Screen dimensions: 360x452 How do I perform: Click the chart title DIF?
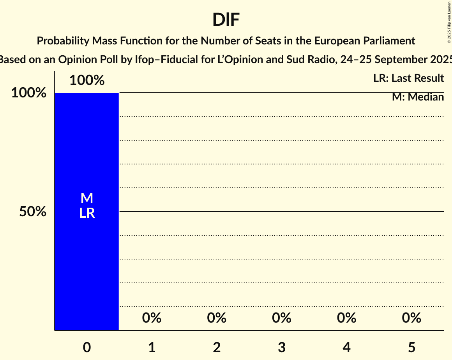coord(226,19)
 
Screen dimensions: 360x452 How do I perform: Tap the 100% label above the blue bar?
coord(87,80)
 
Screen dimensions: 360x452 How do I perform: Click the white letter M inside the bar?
coord(87,198)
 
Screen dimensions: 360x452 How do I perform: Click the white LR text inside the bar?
coord(87,213)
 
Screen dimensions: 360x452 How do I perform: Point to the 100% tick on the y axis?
coord(28,93)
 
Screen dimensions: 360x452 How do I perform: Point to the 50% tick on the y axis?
coord(33,212)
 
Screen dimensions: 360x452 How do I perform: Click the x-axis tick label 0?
coord(87,347)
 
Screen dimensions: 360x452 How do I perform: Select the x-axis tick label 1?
coord(152,347)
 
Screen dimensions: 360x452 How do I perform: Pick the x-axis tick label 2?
coord(217,347)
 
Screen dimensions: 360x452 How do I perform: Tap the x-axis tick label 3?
coord(282,347)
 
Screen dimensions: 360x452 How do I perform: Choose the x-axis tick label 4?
coord(347,347)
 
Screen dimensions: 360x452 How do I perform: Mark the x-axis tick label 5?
coord(411,347)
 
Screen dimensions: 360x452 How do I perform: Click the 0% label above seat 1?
coord(152,318)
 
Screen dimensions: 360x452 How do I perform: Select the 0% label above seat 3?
coord(282,318)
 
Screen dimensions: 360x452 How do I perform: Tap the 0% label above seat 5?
coord(411,318)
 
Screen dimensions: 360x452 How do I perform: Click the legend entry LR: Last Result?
coord(408,78)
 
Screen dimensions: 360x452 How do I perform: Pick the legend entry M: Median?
coord(418,97)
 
